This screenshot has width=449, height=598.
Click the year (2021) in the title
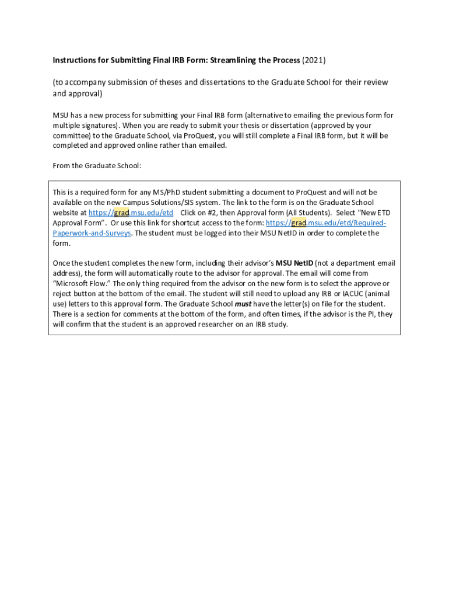pyautogui.click(x=314, y=60)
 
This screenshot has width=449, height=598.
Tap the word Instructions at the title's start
pyautogui.click(x=75, y=60)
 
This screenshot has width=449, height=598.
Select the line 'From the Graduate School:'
pyautogui.click(x=97, y=166)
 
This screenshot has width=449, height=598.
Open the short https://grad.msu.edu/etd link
pyautogui.click(x=131, y=213)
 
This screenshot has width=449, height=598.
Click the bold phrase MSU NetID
pyautogui.click(x=294, y=263)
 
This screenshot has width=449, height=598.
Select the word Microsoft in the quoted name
pyautogui.click(x=73, y=283)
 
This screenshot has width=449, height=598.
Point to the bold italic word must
pyautogui.click(x=243, y=304)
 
